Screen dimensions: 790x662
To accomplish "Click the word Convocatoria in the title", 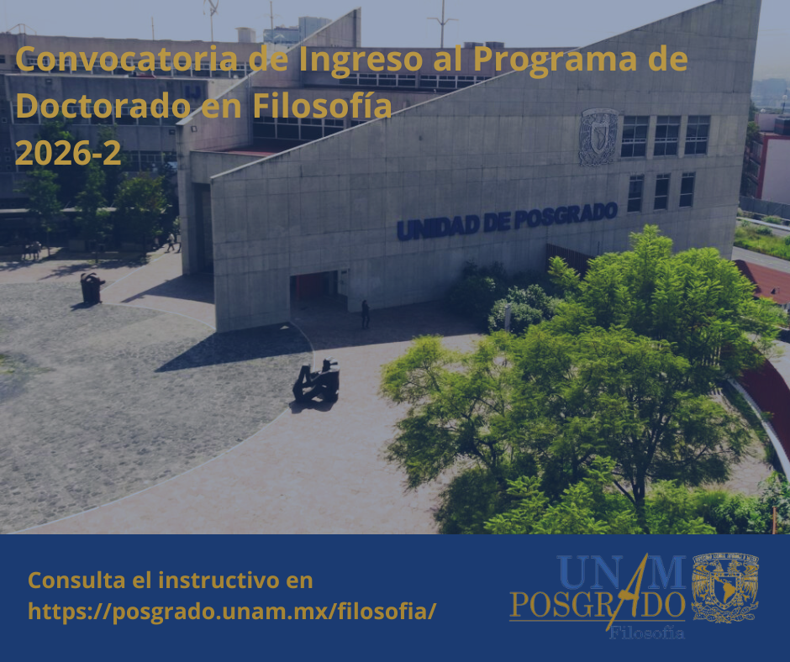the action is [126, 59].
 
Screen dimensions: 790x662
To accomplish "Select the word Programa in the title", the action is [555, 60].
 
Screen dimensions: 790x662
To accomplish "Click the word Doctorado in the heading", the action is [103, 105].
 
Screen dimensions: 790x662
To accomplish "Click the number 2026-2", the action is [69, 152].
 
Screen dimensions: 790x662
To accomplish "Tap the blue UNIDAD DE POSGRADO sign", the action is [507, 221].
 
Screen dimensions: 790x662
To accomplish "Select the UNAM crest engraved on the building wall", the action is [598, 137].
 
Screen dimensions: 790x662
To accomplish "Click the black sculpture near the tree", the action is [318, 381].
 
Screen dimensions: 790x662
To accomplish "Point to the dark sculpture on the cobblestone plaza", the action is [92, 288].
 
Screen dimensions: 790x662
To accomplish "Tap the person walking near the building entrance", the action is [366, 314].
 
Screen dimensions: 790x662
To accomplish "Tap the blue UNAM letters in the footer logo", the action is [621, 572].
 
